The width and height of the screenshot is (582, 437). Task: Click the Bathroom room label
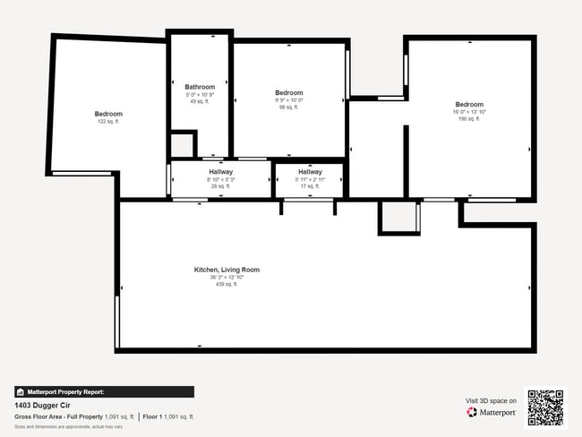(x=200, y=87)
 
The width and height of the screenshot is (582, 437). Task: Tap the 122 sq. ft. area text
(x=108, y=122)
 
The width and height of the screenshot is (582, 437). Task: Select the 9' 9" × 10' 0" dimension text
(x=288, y=100)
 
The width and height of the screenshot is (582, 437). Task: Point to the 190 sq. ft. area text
(x=469, y=118)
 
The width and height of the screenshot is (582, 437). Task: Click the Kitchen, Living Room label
(x=227, y=270)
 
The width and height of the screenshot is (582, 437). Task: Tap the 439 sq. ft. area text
(x=227, y=285)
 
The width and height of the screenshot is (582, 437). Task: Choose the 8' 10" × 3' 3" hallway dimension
(x=221, y=179)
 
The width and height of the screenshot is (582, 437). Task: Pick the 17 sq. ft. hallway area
(x=310, y=186)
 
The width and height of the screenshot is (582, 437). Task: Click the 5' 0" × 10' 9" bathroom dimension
(x=200, y=94)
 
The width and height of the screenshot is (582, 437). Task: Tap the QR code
(x=545, y=407)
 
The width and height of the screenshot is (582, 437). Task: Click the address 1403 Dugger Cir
(x=42, y=405)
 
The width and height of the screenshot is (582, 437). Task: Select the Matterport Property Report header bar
(x=104, y=391)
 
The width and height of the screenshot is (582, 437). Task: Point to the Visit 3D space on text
(x=491, y=400)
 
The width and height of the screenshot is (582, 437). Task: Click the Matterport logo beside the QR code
(x=491, y=413)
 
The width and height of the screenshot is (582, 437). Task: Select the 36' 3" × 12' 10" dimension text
(x=227, y=278)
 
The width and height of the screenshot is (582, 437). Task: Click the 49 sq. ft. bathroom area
(x=200, y=101)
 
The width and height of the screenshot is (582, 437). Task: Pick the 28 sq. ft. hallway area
(x=221, y=186)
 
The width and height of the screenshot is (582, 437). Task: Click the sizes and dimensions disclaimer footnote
(x=68, y=427)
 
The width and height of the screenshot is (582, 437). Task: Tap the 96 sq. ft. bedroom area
(x=288, y=107)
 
